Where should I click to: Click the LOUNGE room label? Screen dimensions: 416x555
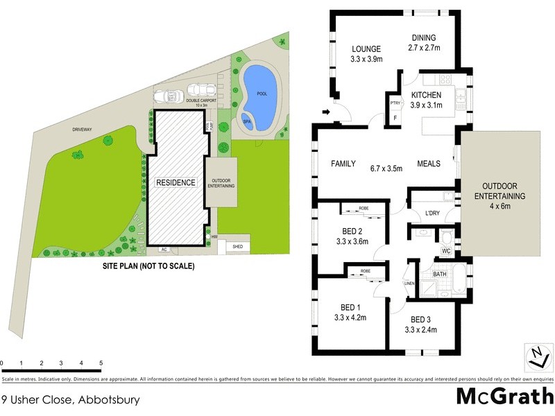(366, 49)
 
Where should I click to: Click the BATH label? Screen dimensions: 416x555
(440, 275)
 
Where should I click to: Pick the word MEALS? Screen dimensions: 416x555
(430, 164)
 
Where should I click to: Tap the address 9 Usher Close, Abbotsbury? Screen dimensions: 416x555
(70, 400)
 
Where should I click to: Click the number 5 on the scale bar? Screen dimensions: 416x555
(101, 363)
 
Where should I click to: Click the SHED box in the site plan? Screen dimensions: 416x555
(237, 246)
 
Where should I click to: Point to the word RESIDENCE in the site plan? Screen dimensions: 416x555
(176, 183)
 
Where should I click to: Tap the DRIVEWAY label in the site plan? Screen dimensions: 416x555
(82, 128)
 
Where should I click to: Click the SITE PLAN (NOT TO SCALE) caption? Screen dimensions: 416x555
(148, 266)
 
